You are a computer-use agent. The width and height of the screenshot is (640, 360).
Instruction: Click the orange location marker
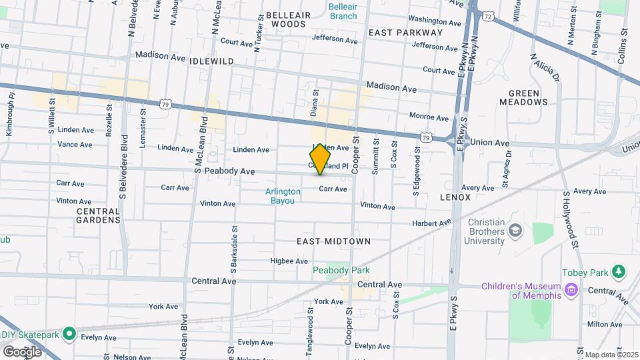point(321,159)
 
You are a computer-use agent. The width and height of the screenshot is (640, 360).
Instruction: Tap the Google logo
point(22,351)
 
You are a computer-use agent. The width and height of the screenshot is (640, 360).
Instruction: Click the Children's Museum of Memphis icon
point(571,289)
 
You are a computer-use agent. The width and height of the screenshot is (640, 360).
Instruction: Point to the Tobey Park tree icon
point(619,272)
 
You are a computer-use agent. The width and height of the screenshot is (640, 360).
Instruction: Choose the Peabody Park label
point(341,270)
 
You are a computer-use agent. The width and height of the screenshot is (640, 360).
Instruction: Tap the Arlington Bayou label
point(283,196)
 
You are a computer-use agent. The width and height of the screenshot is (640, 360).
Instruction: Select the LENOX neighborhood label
point(455,197)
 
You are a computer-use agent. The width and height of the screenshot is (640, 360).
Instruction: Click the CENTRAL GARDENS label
point(98,215)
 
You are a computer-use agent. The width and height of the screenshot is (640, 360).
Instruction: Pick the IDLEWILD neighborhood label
point(211,61)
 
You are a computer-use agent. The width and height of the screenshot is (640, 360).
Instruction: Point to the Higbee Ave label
point(289,261)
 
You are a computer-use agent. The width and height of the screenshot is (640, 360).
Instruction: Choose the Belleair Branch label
point(343,11)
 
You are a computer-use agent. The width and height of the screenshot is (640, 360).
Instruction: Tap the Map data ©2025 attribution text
point(611,355)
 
